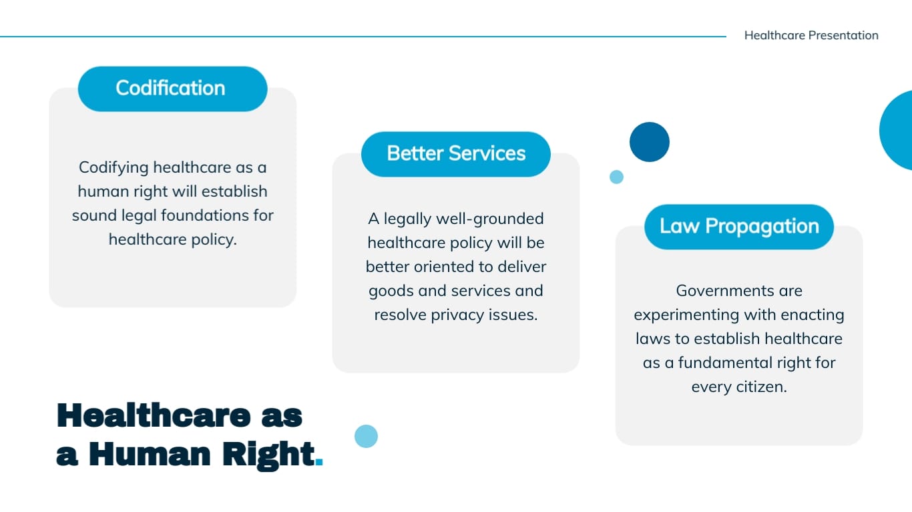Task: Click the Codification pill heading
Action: [x=172, y=89]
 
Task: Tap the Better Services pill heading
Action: [x=456, y=154]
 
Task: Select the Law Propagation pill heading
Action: [x=739, y=227]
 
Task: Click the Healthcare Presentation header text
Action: [x=811, y=35]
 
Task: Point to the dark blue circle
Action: [x=649, y=142]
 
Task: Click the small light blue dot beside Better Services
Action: [x=616, y=177]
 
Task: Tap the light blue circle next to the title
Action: [x=366, y=436]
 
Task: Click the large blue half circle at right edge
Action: [x=898, y=131]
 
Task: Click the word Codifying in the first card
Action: [x=113, y=167]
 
